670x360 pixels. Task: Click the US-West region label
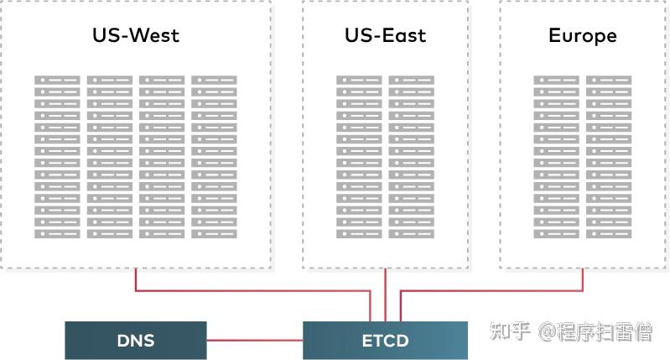click(135, 36)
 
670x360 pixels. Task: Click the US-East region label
click(385, 36)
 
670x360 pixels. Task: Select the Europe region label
click(582, 36)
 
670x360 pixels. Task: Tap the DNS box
click(135, 341)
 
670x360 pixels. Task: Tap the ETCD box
click(385, 341)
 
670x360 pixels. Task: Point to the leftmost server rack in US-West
click(57, 156)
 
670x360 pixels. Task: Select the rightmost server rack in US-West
click(214, 156)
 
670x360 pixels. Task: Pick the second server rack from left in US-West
click(109, 156)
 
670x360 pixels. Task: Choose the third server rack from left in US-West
click(162, 156)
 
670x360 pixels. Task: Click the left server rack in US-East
click(359, 156)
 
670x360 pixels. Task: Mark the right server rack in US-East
click(411, 156)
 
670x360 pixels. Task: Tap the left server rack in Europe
click(556, 156)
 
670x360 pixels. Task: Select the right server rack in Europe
click(608, 156)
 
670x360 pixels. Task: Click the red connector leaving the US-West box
click(137, 281)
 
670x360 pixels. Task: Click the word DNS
click(135, 341)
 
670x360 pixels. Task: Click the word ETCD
click(385, 341)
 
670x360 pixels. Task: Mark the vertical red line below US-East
click(385, 294)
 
